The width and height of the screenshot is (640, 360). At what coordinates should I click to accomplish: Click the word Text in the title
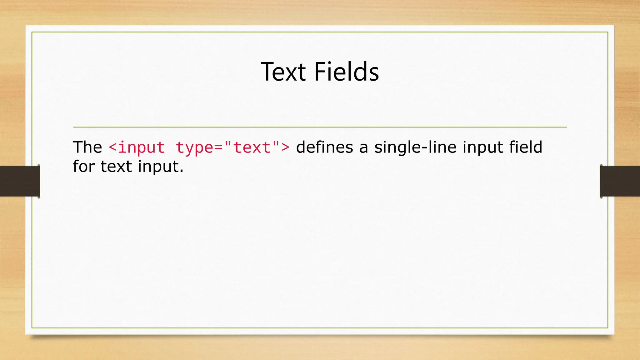(x=283, y=72)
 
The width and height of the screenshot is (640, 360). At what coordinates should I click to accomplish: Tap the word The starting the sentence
(x=87, y=147)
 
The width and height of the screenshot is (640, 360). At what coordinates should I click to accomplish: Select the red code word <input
(x=137, y=147)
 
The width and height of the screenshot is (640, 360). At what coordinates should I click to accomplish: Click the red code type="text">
(x=232, y=147)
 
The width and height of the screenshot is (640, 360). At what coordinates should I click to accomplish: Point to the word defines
(x=324, y=147)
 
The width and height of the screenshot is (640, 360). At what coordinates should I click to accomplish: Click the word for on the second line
(x=83, y=166)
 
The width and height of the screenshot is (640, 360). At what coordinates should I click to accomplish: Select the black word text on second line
(x=116, y=166)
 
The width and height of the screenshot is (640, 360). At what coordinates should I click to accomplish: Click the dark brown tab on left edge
(x=20, y=181)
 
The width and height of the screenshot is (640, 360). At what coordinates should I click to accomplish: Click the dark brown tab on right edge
(x=620, y=181)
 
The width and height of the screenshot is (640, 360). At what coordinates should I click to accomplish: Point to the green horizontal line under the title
(x=320, y=127)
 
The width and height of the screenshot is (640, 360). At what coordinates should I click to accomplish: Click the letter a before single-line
(x=363, y=148)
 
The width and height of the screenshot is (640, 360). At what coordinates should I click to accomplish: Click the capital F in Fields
(x=319, y=72)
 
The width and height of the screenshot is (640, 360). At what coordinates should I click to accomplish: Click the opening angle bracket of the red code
(x=112, y=148)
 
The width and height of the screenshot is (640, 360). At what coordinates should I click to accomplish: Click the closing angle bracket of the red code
(x=285, y=148)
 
